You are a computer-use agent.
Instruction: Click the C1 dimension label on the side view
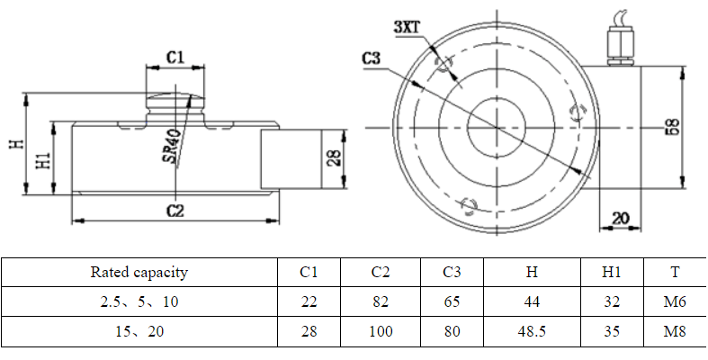pyautogui.click(x=175, y=57)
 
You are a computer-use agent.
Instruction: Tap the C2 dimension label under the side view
pyautogui.click(x=175, y=211)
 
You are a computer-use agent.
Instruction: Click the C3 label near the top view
pyautogui.click(x=373, y=59)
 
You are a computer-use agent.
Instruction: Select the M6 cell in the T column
pyautogui.click(x=675, y=302)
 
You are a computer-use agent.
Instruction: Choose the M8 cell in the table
pyautogui.click(x=675, y=331)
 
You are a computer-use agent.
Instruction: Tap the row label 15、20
pyautogui.click(x=139, y=331)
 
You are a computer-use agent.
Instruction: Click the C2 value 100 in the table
pyautogui.click(x=381, y=331)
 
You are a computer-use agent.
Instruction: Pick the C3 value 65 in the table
pyautogui.click(x=453, y=302)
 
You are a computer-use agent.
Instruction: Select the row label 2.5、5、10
pyautogui.click(x=139, y=302)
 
